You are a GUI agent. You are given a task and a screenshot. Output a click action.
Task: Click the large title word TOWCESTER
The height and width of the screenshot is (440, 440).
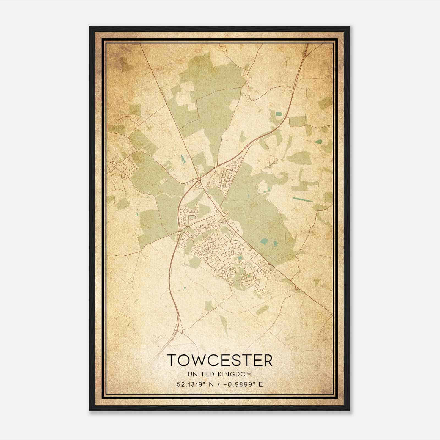(x=219, y=360)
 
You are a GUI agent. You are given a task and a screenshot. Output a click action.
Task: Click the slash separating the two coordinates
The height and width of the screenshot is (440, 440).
(x=218, y=384)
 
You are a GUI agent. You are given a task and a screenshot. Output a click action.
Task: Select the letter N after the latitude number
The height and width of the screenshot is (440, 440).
(x=211, y=384)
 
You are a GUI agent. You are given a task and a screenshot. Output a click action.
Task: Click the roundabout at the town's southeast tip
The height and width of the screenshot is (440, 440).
(x=296, y=288)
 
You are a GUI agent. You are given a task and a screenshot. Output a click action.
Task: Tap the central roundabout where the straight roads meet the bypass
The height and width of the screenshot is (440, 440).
(x=199, y=179)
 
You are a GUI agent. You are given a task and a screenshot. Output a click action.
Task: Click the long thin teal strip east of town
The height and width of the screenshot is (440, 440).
(x=303, y=199)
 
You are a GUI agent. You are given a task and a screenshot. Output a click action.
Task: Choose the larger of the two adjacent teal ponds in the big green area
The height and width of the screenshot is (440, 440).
(x=264, y=241)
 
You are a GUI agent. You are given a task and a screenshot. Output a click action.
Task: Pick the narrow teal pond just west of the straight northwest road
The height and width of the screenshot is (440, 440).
(x=182, y=158)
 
